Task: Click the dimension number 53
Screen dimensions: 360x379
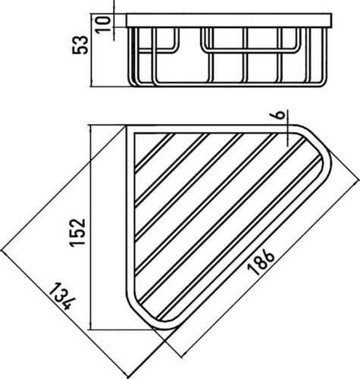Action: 80,45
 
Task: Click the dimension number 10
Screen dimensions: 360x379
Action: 103,23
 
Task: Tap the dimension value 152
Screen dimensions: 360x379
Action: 78,233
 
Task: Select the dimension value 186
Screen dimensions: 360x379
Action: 261,262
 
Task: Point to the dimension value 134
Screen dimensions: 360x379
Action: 61,296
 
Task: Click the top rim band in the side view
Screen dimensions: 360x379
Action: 229,20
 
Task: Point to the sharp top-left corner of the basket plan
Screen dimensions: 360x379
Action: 127,125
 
